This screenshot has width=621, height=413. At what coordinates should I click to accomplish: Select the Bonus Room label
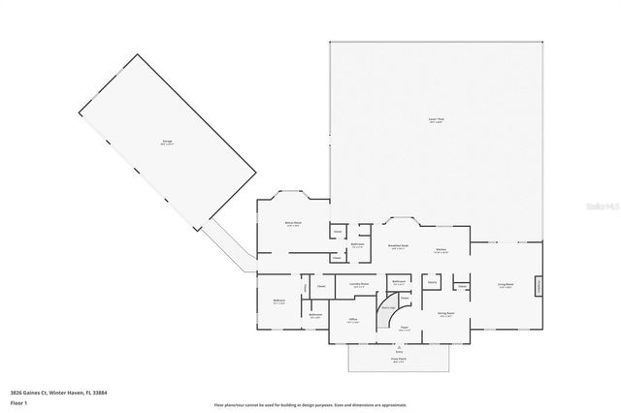click(x=293, y=223)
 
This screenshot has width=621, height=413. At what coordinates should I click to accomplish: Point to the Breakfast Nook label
click(x=397, y=247)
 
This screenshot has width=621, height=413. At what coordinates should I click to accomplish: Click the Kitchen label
click(x=439, y=248)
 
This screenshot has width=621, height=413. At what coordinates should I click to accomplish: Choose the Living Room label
click(x=506, y=285)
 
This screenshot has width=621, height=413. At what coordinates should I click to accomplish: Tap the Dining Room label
click(x=446, y=314)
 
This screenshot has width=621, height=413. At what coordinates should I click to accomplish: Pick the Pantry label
click(x=432, y=281)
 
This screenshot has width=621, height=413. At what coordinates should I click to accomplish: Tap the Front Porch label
click(x=399, y=358)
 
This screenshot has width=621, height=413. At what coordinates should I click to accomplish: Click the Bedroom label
click(x=278, y=302)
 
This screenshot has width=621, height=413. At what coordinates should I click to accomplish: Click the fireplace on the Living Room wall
click(x=538, y=286)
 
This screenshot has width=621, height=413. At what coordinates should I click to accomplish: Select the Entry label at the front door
click(x=399, y=350)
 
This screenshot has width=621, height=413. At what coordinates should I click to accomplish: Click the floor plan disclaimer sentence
click(x=310, y=404)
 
